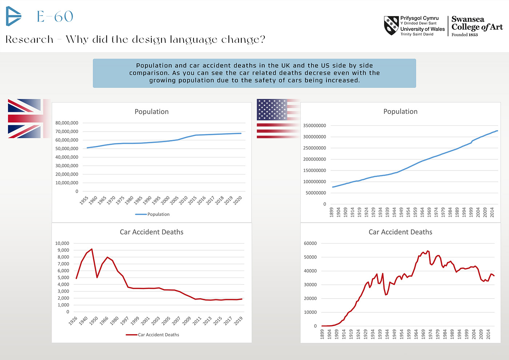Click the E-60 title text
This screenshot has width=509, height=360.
pyautogui.click(x=55, y=16)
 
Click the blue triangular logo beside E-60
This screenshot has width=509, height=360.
pyautogui.click(x=13, y=16)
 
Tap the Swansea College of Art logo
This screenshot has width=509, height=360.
pyautogui.click(x=477, y=26)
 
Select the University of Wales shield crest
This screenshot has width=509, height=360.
pyautogui.click(x=391, y=25)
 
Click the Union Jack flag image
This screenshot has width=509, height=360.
pyautogui.click(x=25, y=119)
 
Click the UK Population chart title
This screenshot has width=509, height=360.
pyautogui.click(x=152, y=112)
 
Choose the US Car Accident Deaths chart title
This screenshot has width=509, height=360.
pyautogui.click(x=400, y=232)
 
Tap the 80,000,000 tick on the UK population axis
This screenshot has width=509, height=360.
pyautogui.click(x=67, y=123)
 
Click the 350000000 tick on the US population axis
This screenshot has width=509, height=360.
pyautogui.click(x=314, y=125)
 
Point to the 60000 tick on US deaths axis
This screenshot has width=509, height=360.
pyautogui.click(x=310, y=243)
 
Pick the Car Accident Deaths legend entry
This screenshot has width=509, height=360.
pyautogui.click(x=158, y=335)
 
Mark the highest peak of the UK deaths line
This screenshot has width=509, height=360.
pyautogui.click(x=92, y=249)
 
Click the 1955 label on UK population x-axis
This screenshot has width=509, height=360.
pyautogui.click(x=84, y=201)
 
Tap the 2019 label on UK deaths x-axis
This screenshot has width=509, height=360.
pyautogui.click(x=239, y=321)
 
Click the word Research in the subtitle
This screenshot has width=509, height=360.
pyautogui.click(x=29, y=39)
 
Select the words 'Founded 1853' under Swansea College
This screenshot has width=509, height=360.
pyautogui.click(x=465, y=35)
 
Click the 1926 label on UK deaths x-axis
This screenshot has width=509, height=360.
pyautogui.click(x=73, y=321)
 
